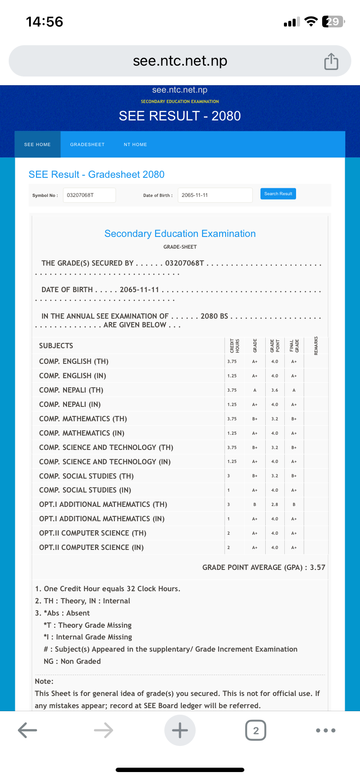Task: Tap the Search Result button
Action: point(278,194)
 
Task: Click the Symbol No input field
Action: point(89,195)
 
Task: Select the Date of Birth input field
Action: point(215,195)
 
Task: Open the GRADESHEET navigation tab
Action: point(87,144)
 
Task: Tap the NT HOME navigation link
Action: point(135,144)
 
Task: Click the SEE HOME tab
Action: point(37,144)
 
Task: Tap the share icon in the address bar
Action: point(331,61)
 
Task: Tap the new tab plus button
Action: point(180,730)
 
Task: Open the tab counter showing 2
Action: point(256,730)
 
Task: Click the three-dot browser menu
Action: point(326,730)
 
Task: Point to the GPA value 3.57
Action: point(317,567)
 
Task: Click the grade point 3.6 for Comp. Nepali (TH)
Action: point(275,390)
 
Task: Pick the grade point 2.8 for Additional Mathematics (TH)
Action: point(275,505)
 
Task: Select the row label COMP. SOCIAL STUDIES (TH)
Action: point(86,476)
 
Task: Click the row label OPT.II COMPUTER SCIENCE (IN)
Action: point(91,547)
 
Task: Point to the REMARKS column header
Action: point(316,346)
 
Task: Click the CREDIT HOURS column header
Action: point(235,346)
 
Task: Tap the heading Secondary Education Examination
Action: point(180,233)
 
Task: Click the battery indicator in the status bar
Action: point(333,22)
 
